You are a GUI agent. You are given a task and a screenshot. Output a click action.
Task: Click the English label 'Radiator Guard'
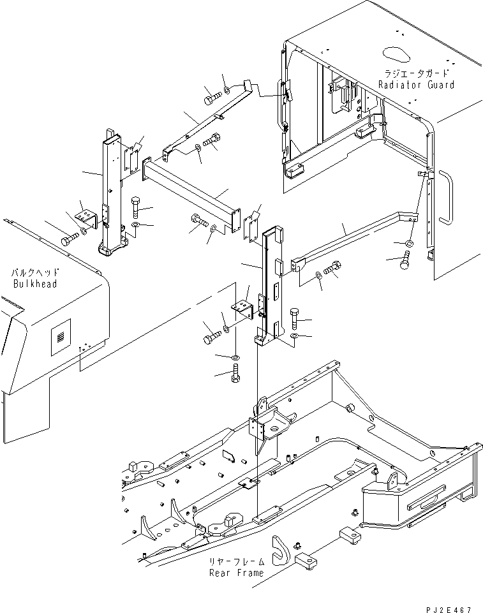tap(416, 85)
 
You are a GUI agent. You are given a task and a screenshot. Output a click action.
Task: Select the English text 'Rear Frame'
tap(236, 572)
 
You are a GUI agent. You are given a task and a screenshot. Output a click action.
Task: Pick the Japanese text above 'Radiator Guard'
tap(416, 73)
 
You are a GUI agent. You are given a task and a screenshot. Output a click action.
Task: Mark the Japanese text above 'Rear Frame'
tap(236, 562)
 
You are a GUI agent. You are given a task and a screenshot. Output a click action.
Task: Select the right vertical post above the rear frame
tap(268, 281)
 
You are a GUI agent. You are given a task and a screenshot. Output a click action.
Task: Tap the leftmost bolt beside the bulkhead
tap(68, 240)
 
